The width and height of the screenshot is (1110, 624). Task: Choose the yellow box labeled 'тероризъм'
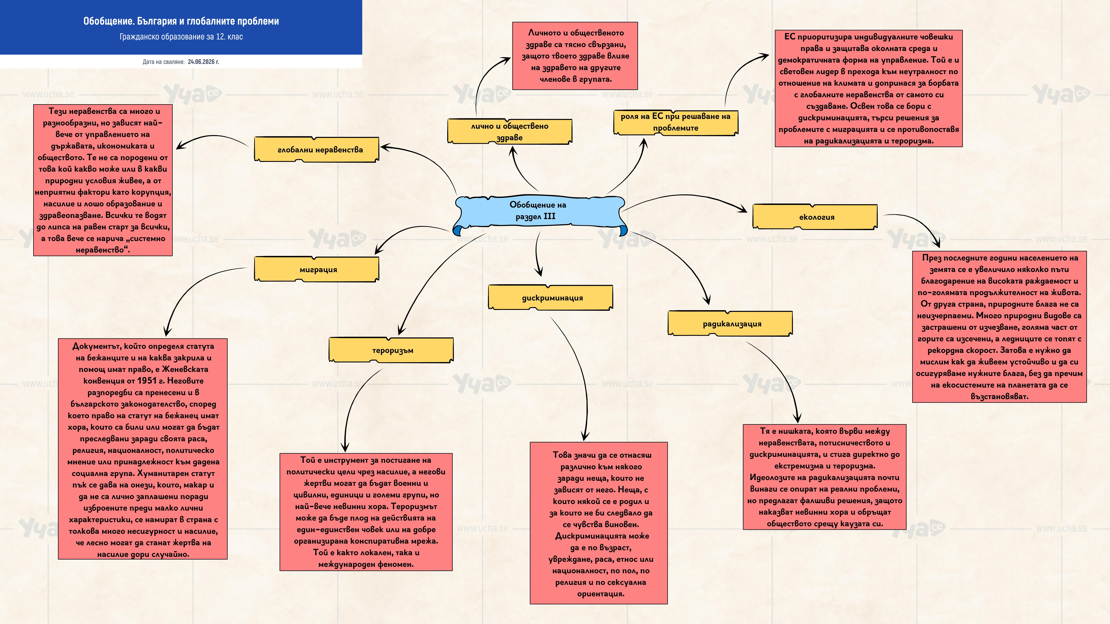[x=391, y=350]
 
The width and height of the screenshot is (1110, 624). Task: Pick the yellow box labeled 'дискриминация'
[x=551, y=297]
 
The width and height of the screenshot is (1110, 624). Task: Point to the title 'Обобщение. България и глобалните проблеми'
[x=181, y=21]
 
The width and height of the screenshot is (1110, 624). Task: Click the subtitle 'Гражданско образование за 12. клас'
[x=181, y=37]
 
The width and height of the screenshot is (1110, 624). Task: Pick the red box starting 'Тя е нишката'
[x=824, y=477]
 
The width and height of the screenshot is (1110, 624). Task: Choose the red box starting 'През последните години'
[x=999, y=326]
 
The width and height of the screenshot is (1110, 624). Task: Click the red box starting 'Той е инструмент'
[x=366, y=512]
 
